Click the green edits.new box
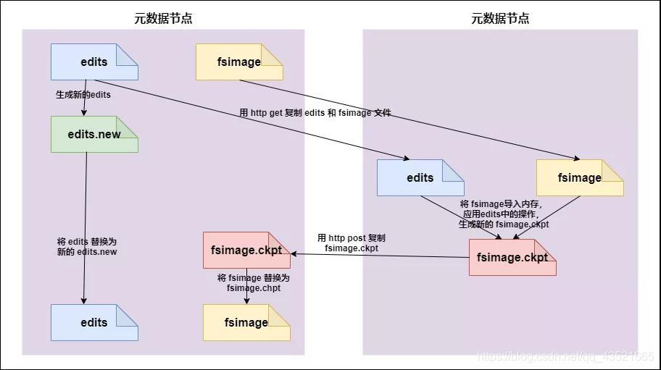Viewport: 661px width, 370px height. click(94, 135)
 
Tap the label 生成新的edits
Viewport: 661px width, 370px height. click(83, 94)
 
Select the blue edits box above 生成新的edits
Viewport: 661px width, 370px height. click(94, 62)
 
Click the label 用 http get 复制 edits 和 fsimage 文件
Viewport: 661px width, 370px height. click(315, 113)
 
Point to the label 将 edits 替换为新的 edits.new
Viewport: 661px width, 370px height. click(87, 246)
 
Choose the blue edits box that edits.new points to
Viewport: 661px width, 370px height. click(94, 323)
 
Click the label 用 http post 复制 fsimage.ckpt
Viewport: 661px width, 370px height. click(352, 243)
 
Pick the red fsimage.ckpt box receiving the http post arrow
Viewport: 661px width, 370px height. click(247, 251)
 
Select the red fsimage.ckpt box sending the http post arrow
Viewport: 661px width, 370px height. click(512, 258)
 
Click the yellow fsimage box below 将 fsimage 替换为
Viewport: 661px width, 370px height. click(246, 323)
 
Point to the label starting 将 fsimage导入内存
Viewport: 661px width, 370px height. click(504, 214)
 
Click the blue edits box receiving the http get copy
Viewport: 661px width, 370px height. click(420, 178)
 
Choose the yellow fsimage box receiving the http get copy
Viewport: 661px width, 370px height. click(580, 178)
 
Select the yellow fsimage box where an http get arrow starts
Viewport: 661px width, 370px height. click(239, 62)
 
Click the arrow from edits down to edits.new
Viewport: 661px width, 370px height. click(86, 101)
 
